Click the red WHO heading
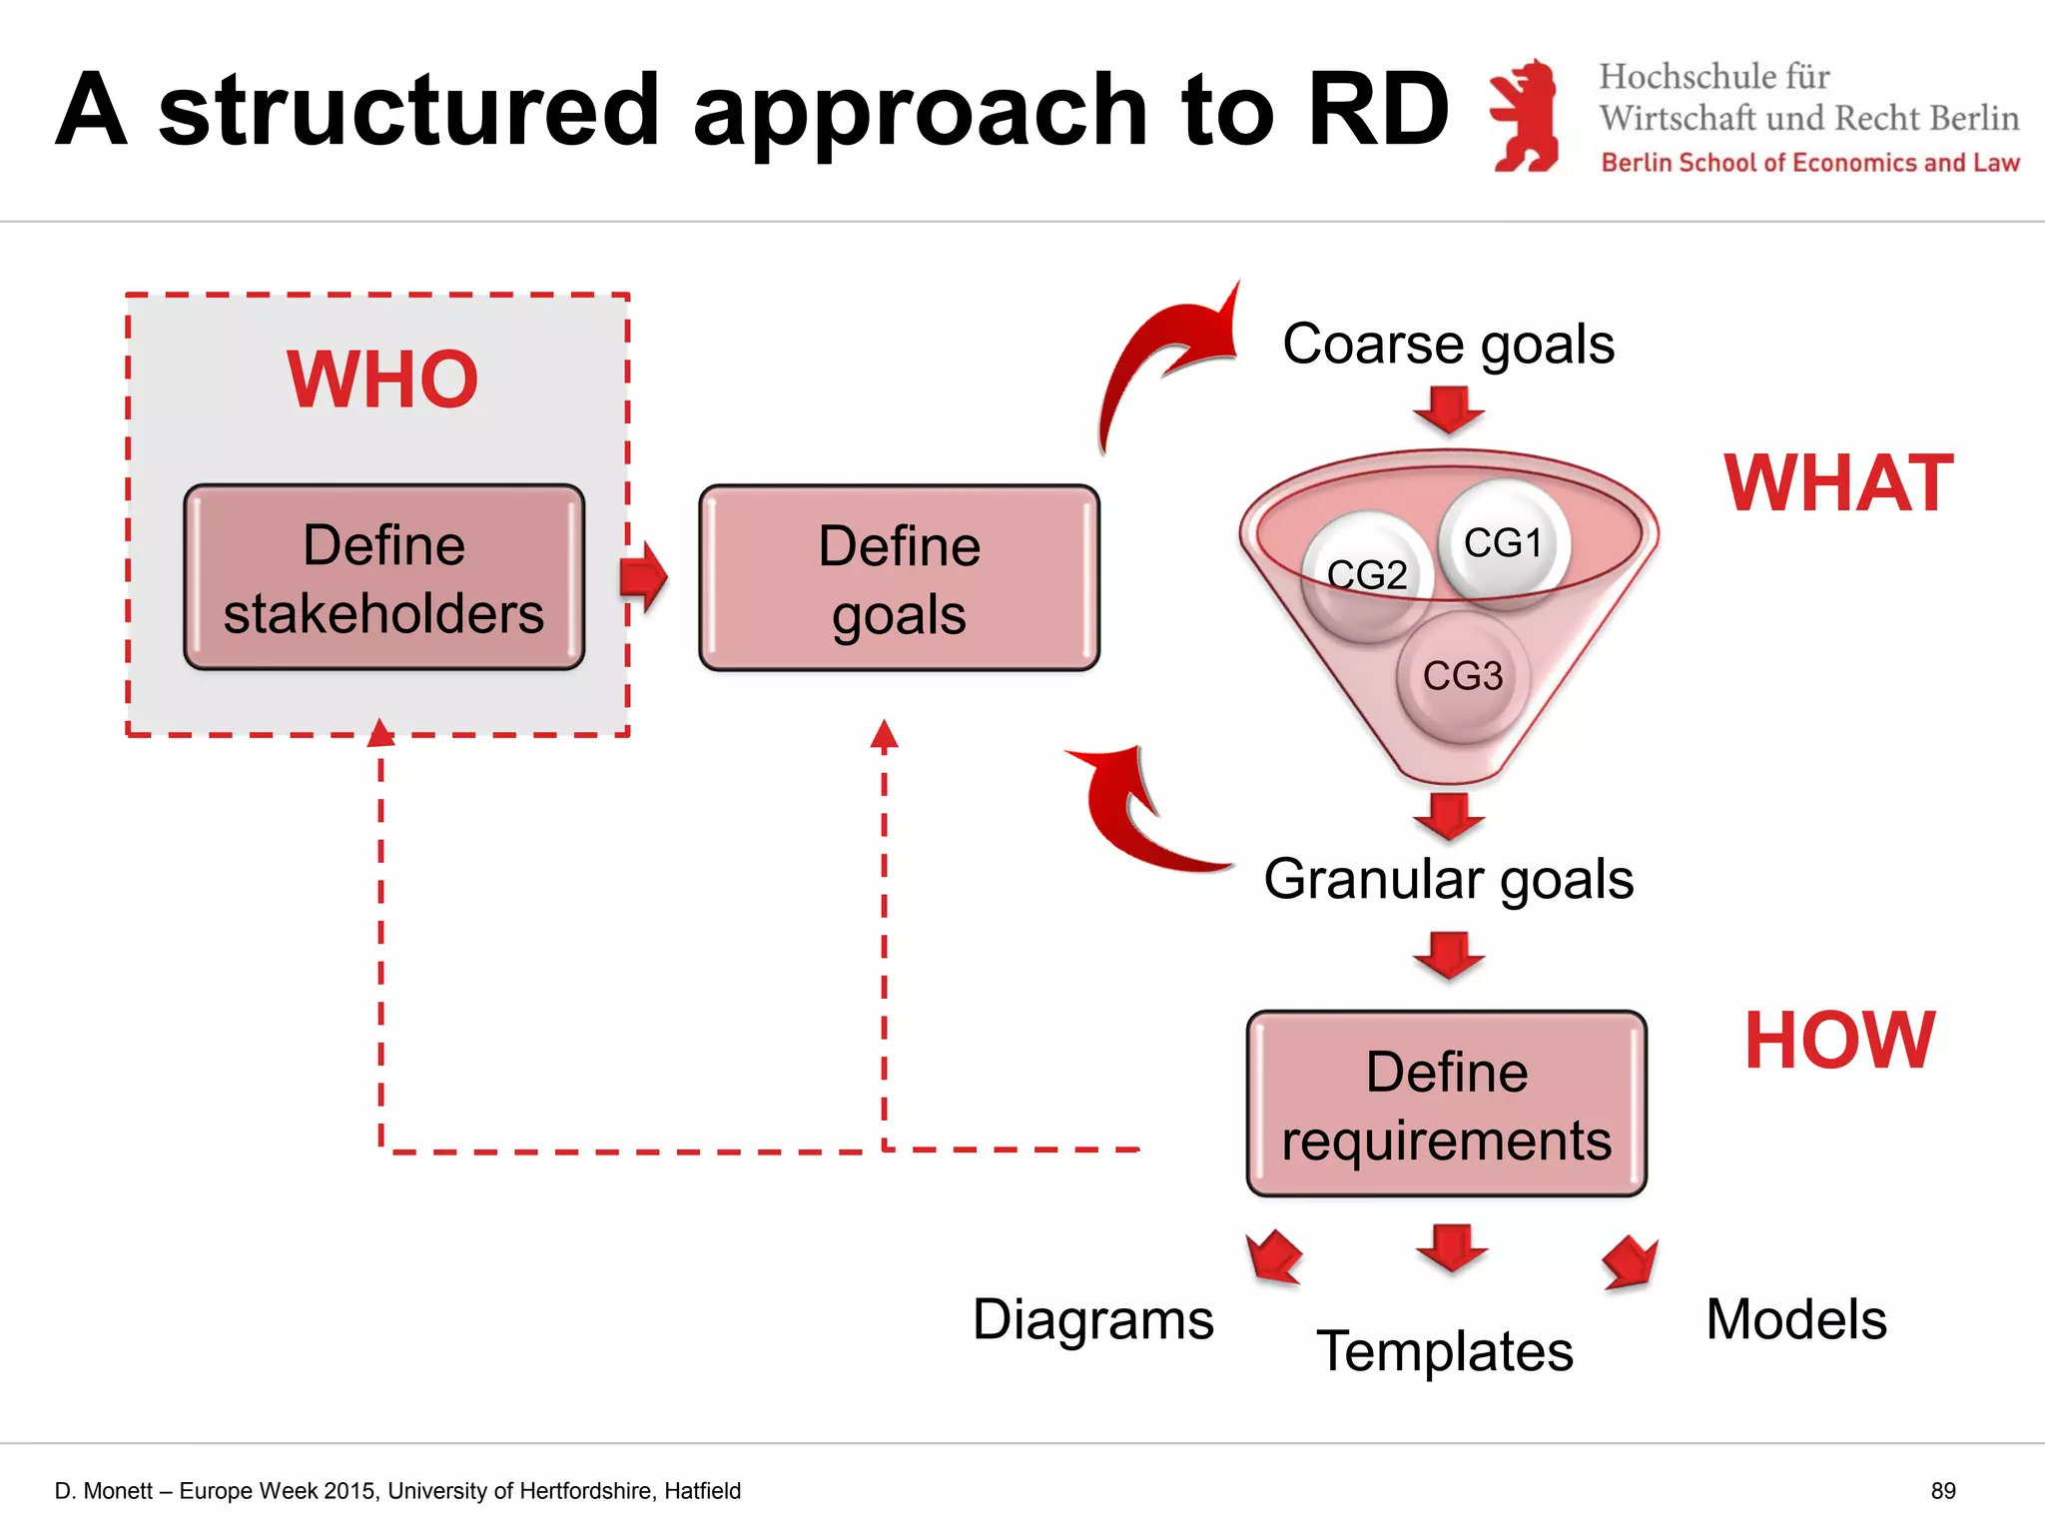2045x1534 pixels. pyautogui.click(x=382, y=380)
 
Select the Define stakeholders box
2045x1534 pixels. pyautogui.click(x=384, y=578)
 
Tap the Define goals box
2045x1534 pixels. pyautogui.click(x=899, y=578)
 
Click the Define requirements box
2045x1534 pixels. pyautogui.click(x=1447, y=1105)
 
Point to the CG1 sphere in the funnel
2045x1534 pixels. pyautogui.click(x=1504, y=542)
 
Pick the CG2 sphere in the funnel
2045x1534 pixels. pyautogui.click(x=1367, y=575)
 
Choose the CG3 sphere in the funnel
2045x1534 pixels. pyautogui.click(x=1463, y=676)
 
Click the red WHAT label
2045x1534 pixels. pyautogui.click(x=1838, y=483)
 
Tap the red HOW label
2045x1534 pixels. pyautogui.click(x=1839, y=1041)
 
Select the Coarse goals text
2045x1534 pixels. pyautogui.click(x=1448, y=344)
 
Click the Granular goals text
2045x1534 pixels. pyautogui.click(x=1448, y=879)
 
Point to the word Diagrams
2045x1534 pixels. pyautogui.click(x=1093, y=1319)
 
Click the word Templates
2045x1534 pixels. pyautogui.click(x=1445, y=1350)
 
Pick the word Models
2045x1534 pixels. pyautogui.click(x=1796, y=1319)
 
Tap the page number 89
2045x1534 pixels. pyautogui.click(x=1942, y=1491)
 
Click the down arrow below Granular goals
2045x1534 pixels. pyautogui.click(x=1449, y=955)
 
